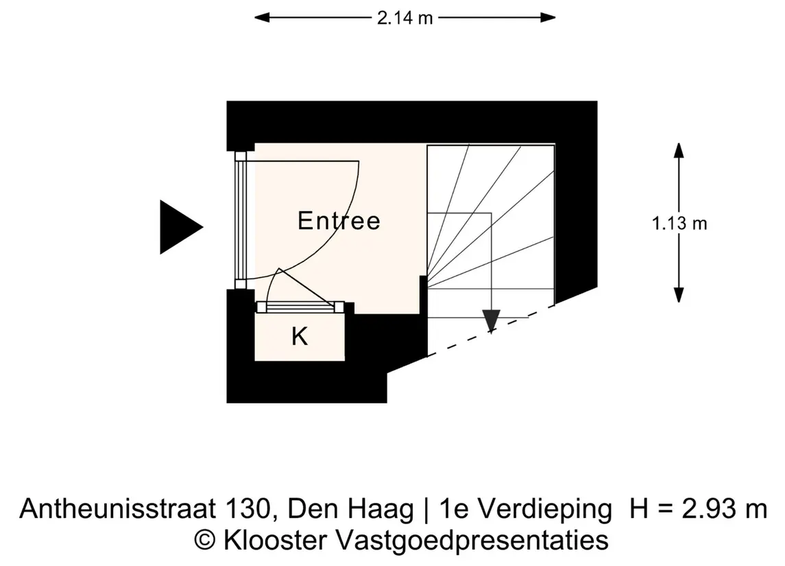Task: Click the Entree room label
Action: tap(339, 221)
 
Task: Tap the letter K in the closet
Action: tap(300, 337)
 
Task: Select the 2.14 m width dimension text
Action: tap(404, 18)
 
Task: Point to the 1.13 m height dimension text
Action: tap(679, 223)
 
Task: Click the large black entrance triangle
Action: tap(180, 227)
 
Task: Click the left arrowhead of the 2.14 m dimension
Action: tap(262, 18)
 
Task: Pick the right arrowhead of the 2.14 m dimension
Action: tap(548, 18)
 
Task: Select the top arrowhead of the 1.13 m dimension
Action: tap(679, 150)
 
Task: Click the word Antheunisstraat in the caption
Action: tap(118, 508)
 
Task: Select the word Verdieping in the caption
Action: tap(544, 509)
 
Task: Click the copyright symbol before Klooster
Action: tap(205, 541)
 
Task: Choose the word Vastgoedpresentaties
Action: tap(472, 541)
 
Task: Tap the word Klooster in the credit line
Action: tap(275, 541)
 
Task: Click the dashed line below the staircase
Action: tap(491, 331)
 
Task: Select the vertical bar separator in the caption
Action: tap(426, 510)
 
